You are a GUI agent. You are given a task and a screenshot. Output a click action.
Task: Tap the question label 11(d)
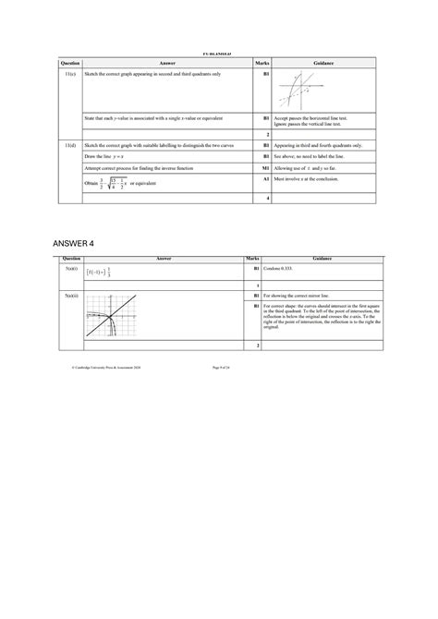(x=69, y=145)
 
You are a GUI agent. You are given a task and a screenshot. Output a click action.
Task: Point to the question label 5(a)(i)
(x=69, y=269)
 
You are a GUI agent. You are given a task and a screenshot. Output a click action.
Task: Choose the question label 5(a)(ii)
(x=69, y=295)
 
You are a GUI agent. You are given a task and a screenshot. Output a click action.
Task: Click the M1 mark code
(x=266, y=168)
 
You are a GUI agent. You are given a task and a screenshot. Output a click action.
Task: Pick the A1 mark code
(x=266, y=183)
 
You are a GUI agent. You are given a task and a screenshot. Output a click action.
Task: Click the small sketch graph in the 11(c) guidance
(x=301, y=91)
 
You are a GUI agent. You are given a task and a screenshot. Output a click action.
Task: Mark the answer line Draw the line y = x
(x=107, y=156)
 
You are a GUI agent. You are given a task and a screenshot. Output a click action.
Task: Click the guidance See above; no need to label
(x=313, y=156)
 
